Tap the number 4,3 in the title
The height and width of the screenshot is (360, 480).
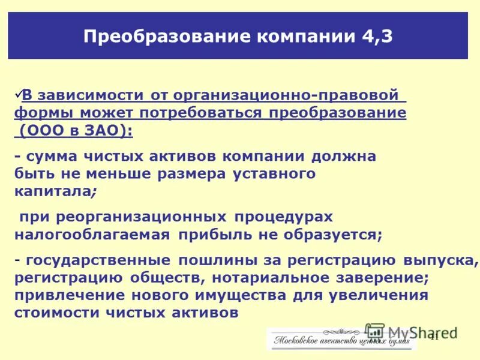(x=377, y=36)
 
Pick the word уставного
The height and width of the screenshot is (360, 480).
(x=274, y=174)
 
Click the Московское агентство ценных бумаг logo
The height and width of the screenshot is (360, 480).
(x=341, y=340)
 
